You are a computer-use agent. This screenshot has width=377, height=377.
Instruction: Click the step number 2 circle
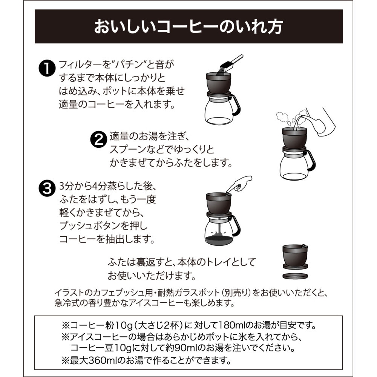click(x=98, y=139)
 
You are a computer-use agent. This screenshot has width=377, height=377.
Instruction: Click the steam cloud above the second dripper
click(x=284, y=118)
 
